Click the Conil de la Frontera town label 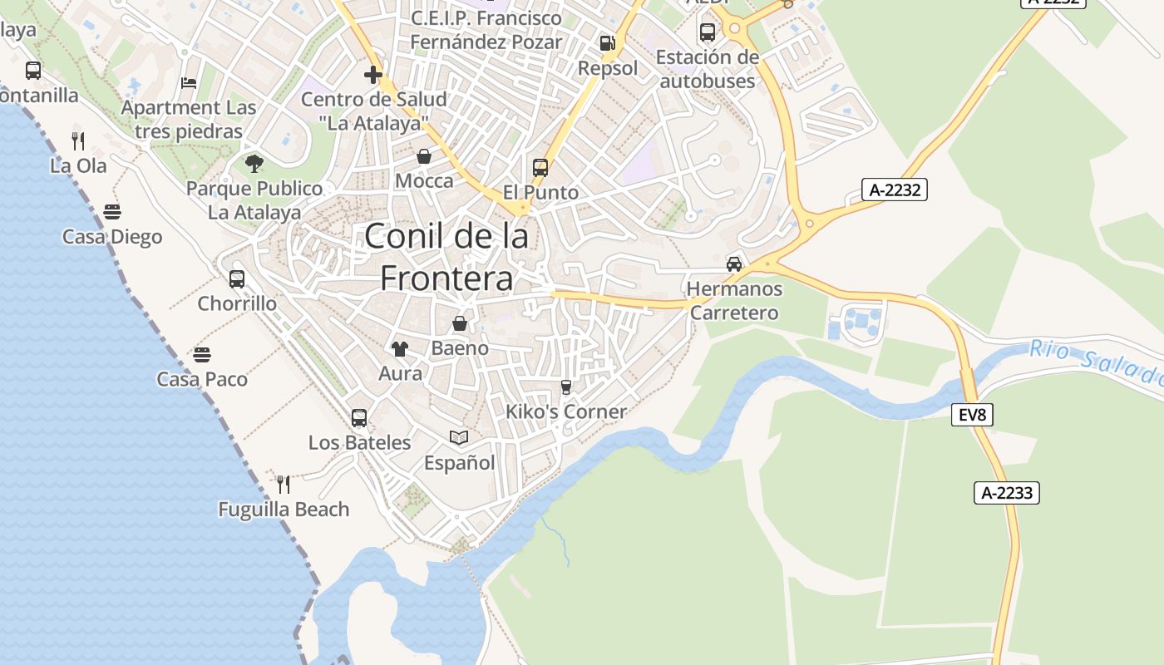[446, 257]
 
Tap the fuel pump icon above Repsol [608, 43]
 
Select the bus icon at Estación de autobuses [708, 32]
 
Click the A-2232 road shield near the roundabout [895, 190]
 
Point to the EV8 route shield [972, 414]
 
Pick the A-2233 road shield [1006, 493]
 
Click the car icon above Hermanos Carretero [734, 264]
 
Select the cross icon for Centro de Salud [373, 75]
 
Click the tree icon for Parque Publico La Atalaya [254, 164]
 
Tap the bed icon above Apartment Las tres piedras [190, 83]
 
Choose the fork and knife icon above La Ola [78, 140]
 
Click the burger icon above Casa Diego [112, 212]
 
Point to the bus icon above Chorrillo [237, 278]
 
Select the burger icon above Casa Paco [202, 355]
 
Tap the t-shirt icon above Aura [400, 348]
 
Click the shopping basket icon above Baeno [459, 323]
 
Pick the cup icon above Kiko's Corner [566, 387]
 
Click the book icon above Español [459, 437]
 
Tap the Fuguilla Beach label [284, 510]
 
